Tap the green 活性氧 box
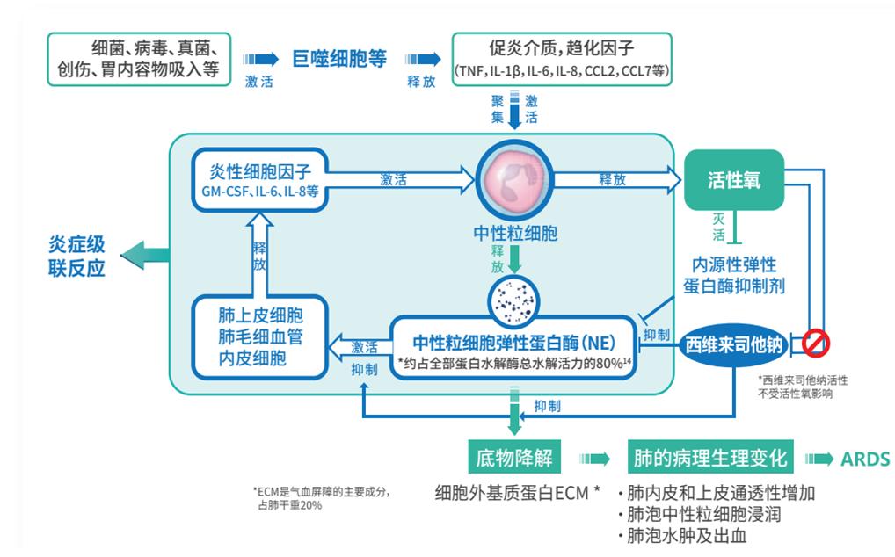[733, 180]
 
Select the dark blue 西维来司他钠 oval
[733, 344]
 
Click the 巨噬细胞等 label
[339, 59]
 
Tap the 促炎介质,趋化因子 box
[562, 59]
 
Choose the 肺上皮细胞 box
[259, 336]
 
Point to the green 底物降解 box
[513, 459]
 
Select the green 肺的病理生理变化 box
[709, 459]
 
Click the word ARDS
[865, 459]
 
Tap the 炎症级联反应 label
[76, 256]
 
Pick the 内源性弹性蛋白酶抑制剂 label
[734, 275]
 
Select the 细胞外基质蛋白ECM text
[517, 492]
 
